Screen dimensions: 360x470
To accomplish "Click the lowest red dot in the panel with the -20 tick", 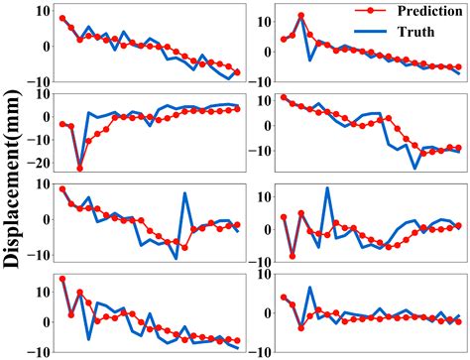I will point(80,168).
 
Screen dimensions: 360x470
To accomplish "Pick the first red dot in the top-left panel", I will point(62,19).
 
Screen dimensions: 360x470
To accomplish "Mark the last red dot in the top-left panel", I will point(237,72).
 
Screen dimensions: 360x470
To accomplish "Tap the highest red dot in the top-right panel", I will point(301,17).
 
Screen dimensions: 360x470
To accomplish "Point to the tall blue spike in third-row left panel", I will point(184,193).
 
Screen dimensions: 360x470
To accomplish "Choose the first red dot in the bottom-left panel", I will point(62,280).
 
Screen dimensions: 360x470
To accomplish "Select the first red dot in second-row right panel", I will point(284,98).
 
